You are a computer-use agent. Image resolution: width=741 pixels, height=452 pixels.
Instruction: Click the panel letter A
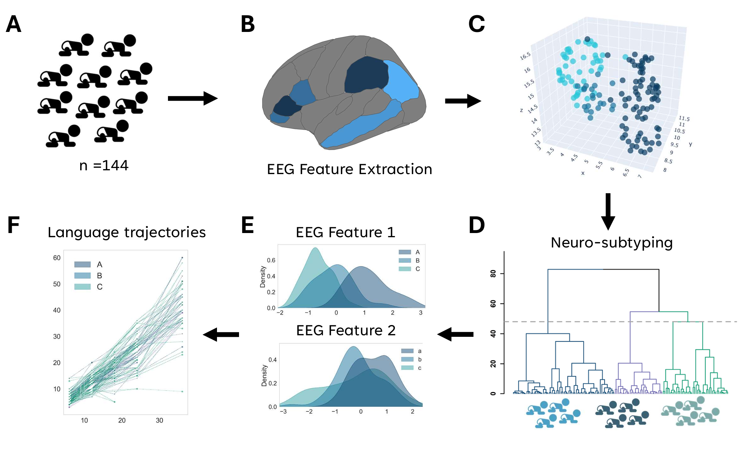click(13, 24)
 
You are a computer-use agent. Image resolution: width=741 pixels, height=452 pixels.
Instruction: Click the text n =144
click(104, 166)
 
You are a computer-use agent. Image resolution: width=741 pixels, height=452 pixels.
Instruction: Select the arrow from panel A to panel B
click(192, 98)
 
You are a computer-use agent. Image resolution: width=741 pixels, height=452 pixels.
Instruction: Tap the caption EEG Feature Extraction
click(349, 170)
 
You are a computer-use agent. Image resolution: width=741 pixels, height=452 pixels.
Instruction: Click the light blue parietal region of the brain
click(401, 82)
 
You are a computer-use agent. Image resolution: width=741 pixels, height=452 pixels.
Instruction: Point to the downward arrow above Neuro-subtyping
click(608, 211)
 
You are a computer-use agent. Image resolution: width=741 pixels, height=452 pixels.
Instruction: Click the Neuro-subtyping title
click(611, 243)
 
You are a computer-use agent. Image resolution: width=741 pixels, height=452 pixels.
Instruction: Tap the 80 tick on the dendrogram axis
click(493, 274)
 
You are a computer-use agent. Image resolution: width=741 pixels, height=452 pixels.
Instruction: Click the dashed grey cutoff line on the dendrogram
click(589, 322)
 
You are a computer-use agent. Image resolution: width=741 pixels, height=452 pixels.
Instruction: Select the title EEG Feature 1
click(345, 232)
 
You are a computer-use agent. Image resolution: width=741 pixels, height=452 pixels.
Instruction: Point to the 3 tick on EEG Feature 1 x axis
click(421, 313)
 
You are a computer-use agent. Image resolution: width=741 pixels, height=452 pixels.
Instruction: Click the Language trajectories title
click(127, 232)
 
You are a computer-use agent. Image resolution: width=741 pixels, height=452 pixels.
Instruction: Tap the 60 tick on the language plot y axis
click(57, 258)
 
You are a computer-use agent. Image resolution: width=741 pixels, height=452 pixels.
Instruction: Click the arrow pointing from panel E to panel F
click(221, 335)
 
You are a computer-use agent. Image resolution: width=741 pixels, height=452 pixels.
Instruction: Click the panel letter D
click(477, 225)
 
